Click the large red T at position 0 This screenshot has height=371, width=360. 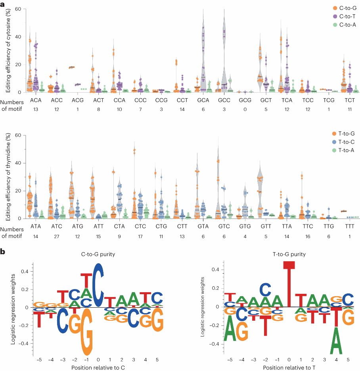point(289,284)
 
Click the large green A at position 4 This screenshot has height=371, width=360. point(336,340)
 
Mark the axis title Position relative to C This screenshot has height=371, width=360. point(98,367)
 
